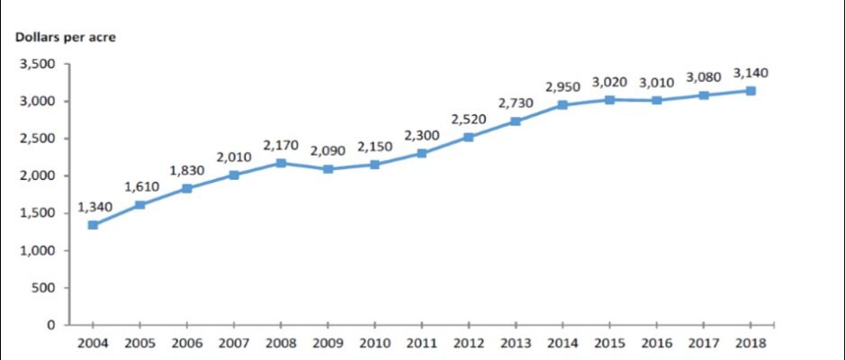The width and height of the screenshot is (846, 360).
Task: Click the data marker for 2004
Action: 93,225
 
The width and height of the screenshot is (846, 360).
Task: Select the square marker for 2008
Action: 281,163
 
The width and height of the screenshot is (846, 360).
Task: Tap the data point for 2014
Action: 562,104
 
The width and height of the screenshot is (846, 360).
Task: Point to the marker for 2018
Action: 751,91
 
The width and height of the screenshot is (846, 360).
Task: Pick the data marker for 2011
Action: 422,153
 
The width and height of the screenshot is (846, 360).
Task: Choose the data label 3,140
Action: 751,72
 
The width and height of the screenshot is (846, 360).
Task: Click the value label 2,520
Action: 469,118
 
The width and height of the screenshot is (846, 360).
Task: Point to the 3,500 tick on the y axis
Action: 38,64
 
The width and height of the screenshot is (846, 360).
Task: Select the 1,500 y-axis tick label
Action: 38,213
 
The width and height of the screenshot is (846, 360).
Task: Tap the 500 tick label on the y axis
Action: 44,288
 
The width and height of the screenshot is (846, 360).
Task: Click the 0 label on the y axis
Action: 51,325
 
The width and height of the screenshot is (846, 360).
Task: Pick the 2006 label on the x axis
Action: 186,343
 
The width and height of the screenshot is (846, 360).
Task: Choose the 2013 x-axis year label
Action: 516,343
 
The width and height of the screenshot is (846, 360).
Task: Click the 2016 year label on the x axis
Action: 657,343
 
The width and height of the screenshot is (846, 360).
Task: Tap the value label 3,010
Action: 657,82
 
